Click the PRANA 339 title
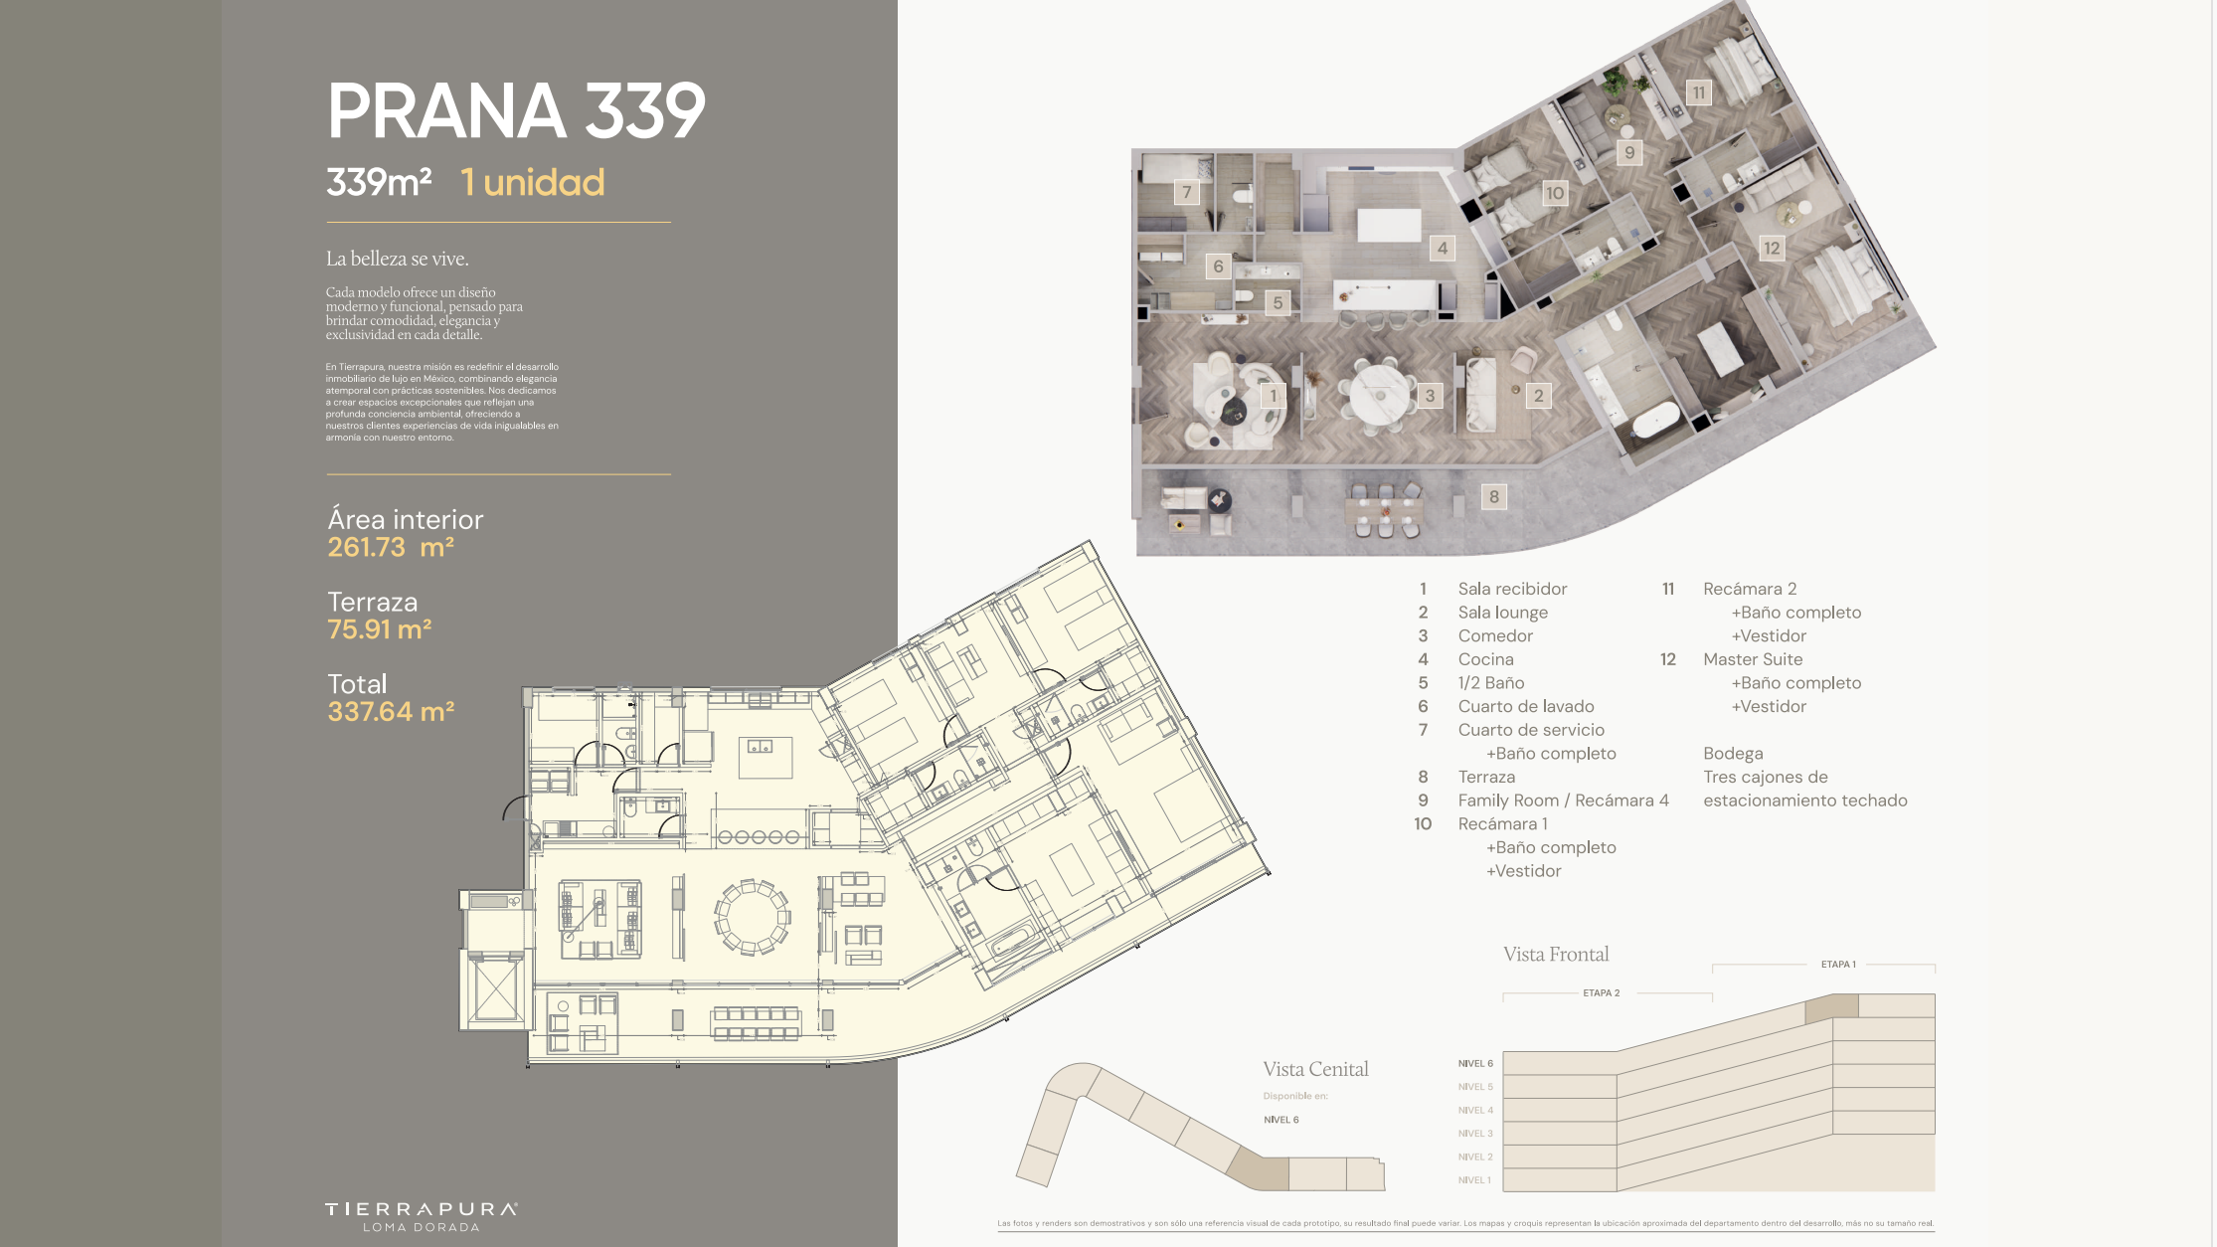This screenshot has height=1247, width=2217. coord(516,110)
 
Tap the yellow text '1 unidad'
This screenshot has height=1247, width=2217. coord(533,183)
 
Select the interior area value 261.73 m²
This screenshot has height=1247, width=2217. coord(391,547)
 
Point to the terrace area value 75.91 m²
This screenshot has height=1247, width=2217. coord(380,629)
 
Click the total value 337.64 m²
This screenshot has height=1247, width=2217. coord(391,712)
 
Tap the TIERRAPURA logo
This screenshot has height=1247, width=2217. coord(422,1216)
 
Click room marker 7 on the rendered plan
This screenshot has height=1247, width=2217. coord(1186,192)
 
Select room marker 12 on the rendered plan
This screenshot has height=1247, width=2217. coord(1772,249)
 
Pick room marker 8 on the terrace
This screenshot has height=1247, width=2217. coord(1493,497)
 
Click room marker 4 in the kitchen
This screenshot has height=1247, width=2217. coord(1443,249)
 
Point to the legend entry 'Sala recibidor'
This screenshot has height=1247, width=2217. coord(1512,589)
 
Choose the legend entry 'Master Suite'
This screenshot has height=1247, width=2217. coord(1753,659)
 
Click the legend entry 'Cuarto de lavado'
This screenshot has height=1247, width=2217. coord(1526,706)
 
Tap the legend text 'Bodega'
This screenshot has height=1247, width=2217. coord(1733,754)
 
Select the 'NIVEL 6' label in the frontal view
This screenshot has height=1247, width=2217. coord(1475,1064)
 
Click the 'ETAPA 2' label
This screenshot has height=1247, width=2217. coord(1602,993)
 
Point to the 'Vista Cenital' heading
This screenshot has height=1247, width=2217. coord(1315,1069)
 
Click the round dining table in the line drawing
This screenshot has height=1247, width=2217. coord(752,917)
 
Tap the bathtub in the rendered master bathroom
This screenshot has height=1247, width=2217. coord(1654,421)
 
